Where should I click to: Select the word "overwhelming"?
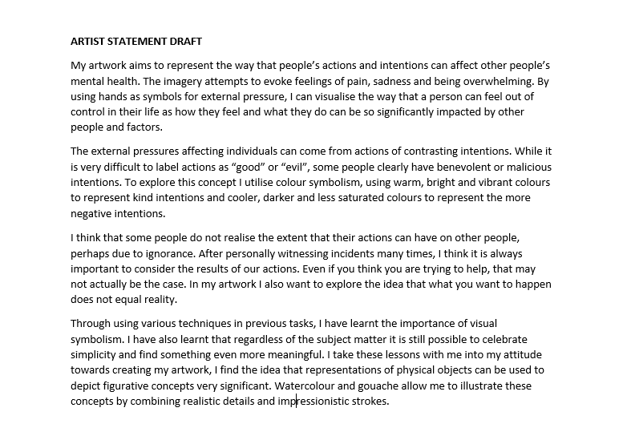pos(493,81)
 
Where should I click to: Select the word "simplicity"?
pos(101,355)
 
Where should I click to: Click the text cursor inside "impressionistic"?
pos(297,402)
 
